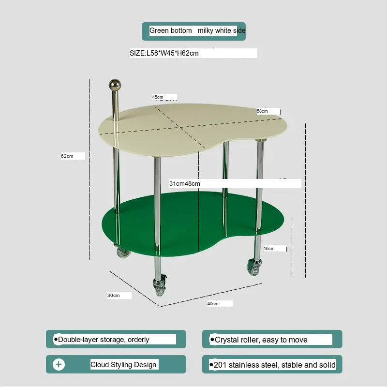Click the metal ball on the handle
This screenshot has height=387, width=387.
click(115, 85)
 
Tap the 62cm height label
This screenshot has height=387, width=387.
click(67, 156)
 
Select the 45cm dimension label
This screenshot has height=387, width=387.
click(158, 97)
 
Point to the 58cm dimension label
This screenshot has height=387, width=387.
click(262, 111)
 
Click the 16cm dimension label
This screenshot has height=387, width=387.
click(269, 248)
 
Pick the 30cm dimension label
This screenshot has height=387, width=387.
click(114, 295)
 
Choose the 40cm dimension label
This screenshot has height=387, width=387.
click(213, 304)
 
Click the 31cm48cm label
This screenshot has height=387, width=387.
click(185, 184)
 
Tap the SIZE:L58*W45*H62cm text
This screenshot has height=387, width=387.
click(164, 53)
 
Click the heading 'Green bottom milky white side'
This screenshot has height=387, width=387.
click(197, 30)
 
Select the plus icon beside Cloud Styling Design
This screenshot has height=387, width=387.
click(59, 364)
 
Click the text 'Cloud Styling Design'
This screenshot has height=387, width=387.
click(123, 365)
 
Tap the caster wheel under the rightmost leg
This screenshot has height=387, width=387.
click(254, 267)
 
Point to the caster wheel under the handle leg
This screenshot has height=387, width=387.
click(122, 252)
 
